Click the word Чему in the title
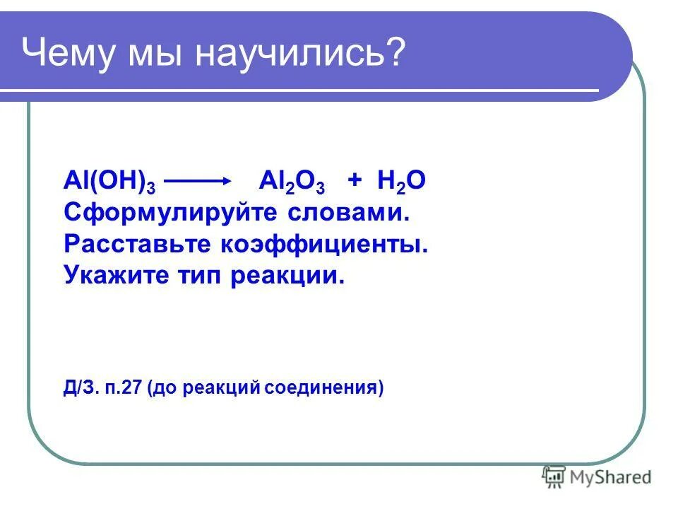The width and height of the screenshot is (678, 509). point(69,54)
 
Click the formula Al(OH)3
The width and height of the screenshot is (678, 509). point(109,182)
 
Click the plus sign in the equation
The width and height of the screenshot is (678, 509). point(354,181)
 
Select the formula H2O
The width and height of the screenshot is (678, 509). point(401,182)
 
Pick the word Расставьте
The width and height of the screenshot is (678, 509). point(138,244)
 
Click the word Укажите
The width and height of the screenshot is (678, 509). point(114,275)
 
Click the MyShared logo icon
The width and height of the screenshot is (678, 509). point(554,477)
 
